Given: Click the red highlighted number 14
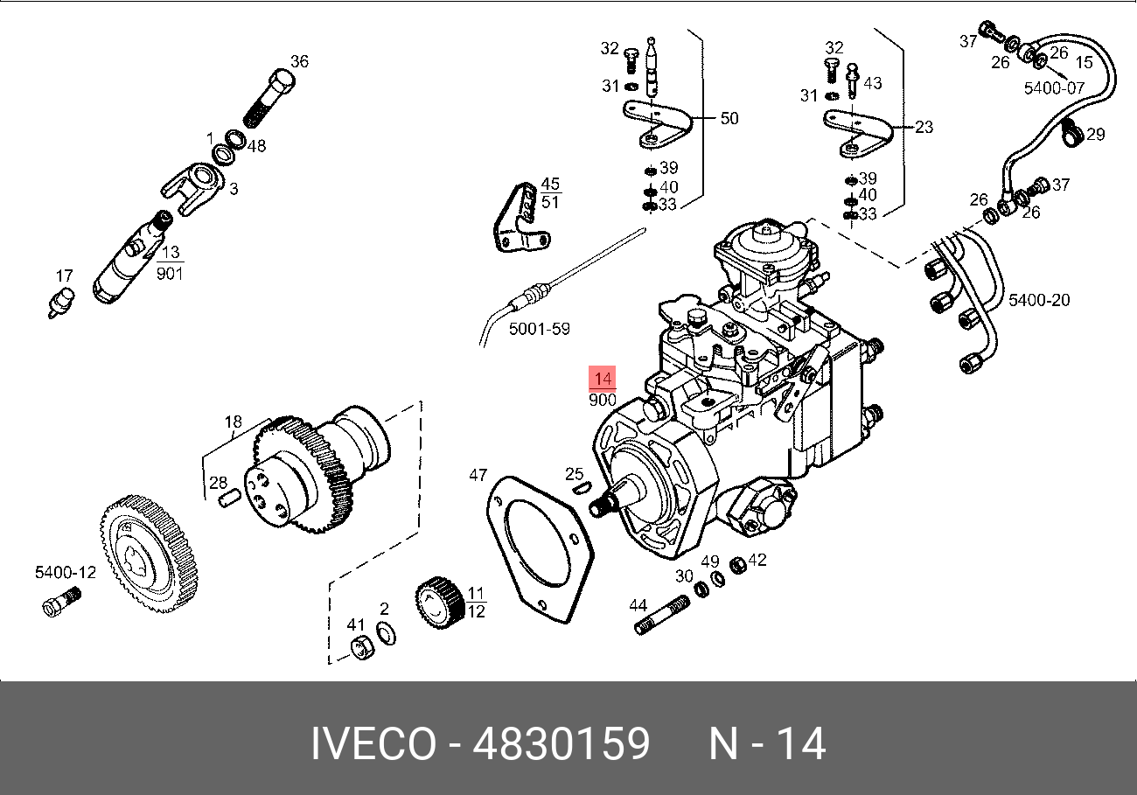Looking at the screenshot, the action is pyautogui.click(x=602, y=379).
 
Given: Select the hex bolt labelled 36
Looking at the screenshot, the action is pyautogui.click(x=269, y=99).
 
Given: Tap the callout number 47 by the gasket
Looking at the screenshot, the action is pyautogui.click(x=478, y=475).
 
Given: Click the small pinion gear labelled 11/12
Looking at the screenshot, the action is pyautogui.click(x=440, y=603).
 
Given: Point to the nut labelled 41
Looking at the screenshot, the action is pyautogui.click(x=362, y=648).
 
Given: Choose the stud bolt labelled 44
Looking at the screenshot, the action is pyautogui.click(x=662, y=616).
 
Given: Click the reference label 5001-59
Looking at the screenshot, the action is pyautogui.click(x=539, y=329).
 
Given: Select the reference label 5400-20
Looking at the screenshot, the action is pyautogui.click(x=1038, y=300).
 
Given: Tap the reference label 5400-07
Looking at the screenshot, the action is pyautogui.click(x=1054, y=87).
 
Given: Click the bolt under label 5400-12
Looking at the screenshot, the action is pyautogui.click(x=61, y=601).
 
